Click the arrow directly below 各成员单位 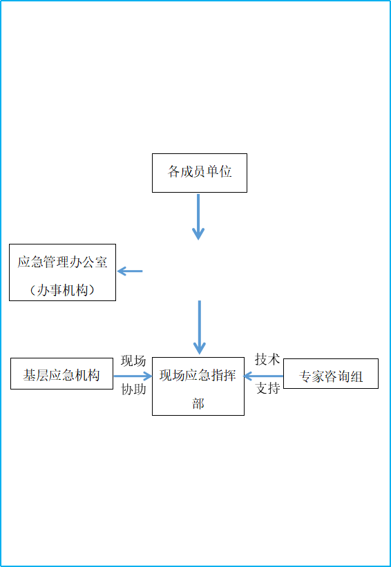[198, 217]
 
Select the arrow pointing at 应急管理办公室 [130, 271]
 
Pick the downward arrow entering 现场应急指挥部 [199, 327]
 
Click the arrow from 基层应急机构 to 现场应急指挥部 [133, 376]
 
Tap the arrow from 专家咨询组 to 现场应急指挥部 [263, 376]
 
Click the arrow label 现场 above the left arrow [133, 361]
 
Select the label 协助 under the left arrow [133, 390]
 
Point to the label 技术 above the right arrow [267, 359]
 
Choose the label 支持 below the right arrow [267, 388]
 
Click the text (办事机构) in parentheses [62, 290]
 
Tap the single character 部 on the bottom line [198, 403]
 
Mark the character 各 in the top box [173, 171]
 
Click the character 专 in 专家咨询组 [305, 377]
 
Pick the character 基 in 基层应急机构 [30, 375]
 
